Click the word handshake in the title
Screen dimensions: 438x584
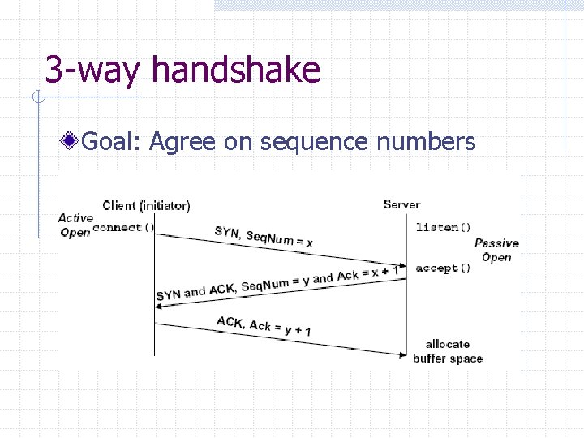click(236, 70)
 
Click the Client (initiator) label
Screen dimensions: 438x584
click(147, 205)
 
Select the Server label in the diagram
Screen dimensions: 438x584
click(401, 204)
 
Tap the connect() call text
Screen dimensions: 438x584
click(123, 228)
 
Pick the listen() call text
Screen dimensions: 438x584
click(443, 227)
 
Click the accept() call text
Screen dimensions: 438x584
click(443, 268)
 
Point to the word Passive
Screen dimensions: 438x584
click(496, 243)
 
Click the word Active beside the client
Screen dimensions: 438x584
click(75, 218)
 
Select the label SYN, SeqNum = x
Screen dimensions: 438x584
click(264, 236)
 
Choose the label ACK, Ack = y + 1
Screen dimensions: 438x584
click(264, 327)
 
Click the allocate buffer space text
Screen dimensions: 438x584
click(447, 351)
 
